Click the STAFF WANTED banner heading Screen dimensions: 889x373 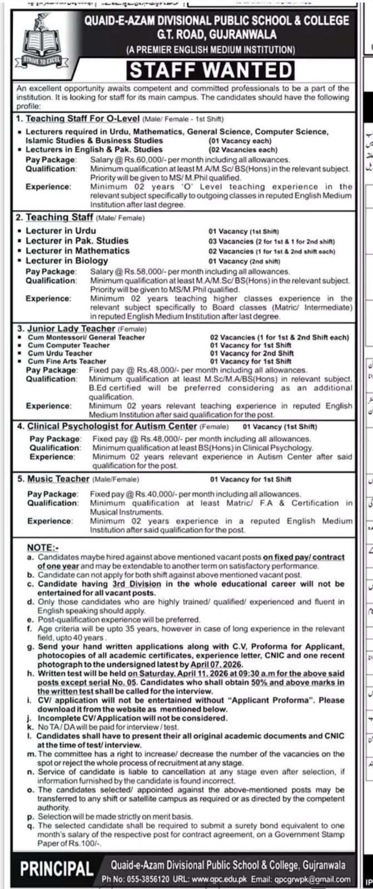pyautogui.click(x=211, y=71)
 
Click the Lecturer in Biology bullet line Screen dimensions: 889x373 pyautogui.click(x=67, y=261)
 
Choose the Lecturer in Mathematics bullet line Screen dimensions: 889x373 pyautogui.click(x=77, y=251)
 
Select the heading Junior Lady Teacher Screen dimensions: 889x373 pyautogui.click(x=71, y=329)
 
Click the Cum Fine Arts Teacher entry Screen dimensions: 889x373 pyautogui.click(x=67, y=361)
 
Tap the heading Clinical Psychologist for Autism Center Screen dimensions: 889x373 pyautogui.click(x=112, y=426)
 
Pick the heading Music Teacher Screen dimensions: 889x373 pyautogui.click(x=58, y=479)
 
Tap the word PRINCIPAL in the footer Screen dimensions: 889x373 pyautogui.click(x=57, y=868)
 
